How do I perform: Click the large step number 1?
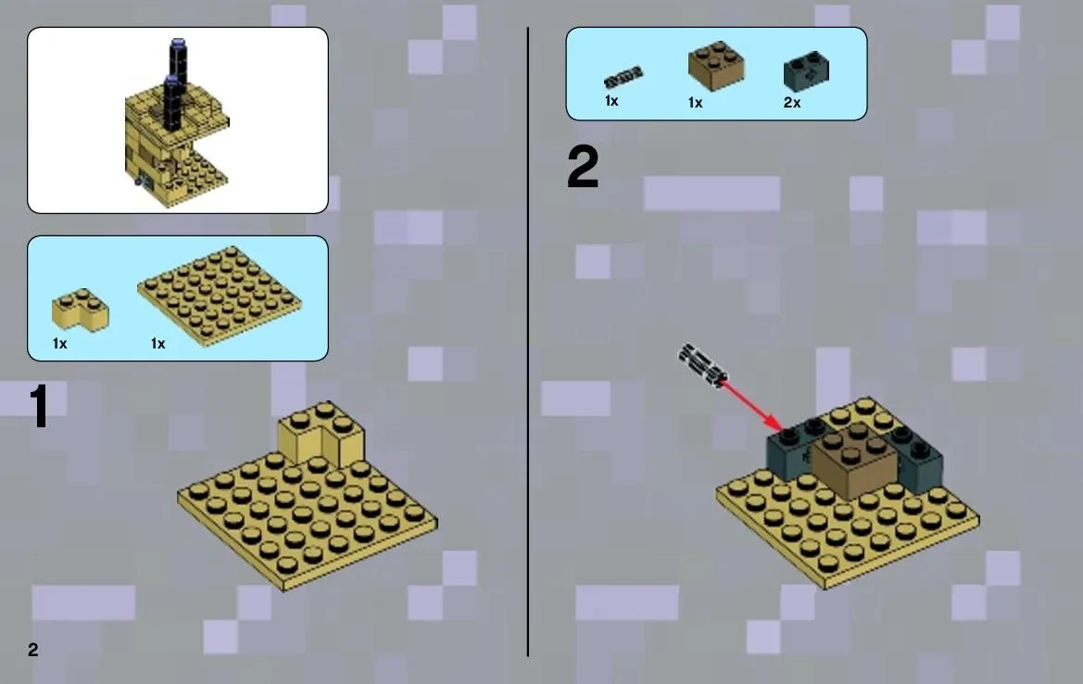click(x=39, y=406)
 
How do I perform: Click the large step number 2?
click(x=583, y=167)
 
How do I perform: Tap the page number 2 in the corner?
click(x=33, y=650)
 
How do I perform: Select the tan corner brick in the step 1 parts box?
click(x=80, y=310)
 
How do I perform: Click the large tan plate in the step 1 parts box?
click(x=220, y=296)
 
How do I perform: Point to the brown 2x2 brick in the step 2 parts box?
click(x=716, y=66)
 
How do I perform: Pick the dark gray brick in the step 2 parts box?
click(x=806, y=71)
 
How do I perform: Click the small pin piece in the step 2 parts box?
click(x=623, y=77)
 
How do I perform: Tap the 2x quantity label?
click(x=792, y=103)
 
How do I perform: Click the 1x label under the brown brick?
click(x=695, y=103)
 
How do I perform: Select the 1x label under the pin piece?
click(x=611, y=101)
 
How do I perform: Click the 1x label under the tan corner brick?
click(x=60, y=343)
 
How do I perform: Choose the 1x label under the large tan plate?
click(x=158, y=343)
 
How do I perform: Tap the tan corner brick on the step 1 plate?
click(x=321, y=436)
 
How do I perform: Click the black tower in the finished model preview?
click(x=176, y=84)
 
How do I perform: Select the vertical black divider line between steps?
click(x=528, y=342)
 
